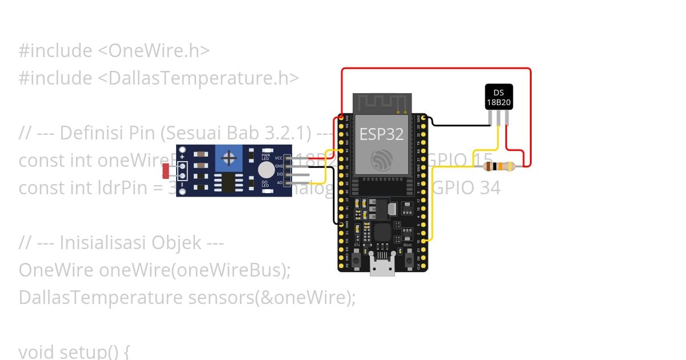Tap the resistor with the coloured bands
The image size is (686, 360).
click(x=498, y=166)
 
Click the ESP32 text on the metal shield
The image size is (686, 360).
click(x=381, y=134)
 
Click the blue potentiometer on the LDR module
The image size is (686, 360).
click(x=229, y=157)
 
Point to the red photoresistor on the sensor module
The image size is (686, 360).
click(x=166, y=170)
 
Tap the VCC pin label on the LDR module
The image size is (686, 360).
click(x=279, y=158)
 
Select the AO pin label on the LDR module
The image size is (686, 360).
click(x=279, y=183)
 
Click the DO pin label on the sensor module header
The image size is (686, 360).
click(x=279, y=174)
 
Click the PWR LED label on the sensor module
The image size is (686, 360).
click(x=266, y=156)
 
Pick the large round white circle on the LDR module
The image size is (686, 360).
click(x=266, y=170)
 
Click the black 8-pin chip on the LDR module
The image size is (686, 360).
click(x=229, y=183)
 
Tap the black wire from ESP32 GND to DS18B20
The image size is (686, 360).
click(x=457, y=124)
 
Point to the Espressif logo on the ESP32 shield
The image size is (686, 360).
click(x=381, y=159)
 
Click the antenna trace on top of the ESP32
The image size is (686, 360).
click(x=381, y=103)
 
